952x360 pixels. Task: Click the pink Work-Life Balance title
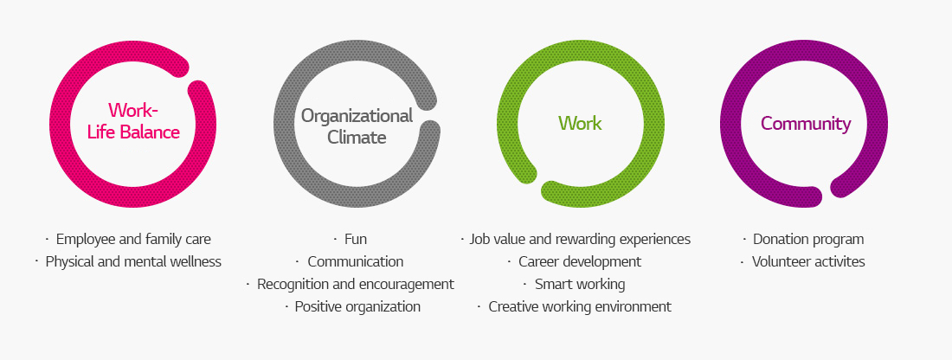click(133, 121)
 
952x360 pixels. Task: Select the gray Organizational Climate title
click(357, 125)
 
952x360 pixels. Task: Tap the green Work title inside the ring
click(580, 123)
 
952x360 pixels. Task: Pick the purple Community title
click(806, 123)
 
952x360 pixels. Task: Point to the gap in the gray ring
click(430, 114)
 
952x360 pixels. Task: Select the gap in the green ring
click(538, 182)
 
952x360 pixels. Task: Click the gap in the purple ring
click(827, 193)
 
